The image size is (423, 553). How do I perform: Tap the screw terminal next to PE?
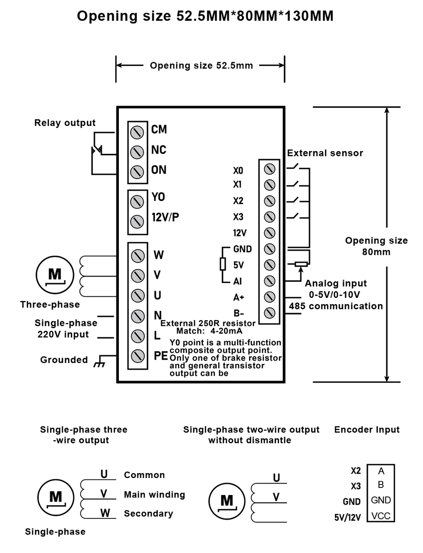coord(137,355)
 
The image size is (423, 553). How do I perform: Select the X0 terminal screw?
coord(269,169)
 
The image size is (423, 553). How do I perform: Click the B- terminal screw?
coord(269,313)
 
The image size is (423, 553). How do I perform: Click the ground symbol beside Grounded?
coord(99,362)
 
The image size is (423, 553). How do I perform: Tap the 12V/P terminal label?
coord(165,217)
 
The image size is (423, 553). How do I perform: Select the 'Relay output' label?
coord(65,123)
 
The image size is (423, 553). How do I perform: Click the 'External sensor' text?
coord(325,153)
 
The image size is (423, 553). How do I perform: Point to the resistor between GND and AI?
coord(222,265)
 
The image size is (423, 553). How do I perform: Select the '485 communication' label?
coord(336,306)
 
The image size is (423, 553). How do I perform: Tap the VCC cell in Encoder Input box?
coord(381,515)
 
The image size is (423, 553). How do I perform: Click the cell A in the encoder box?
coord(381,471)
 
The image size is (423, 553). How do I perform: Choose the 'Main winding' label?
coord(154,495)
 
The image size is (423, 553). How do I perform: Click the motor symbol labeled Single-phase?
coord(55,497)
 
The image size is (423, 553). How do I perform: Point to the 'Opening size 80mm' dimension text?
coord(376,246)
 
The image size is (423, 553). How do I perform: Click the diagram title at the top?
coord(205,17)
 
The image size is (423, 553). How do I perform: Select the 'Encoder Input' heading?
coord(367,429)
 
